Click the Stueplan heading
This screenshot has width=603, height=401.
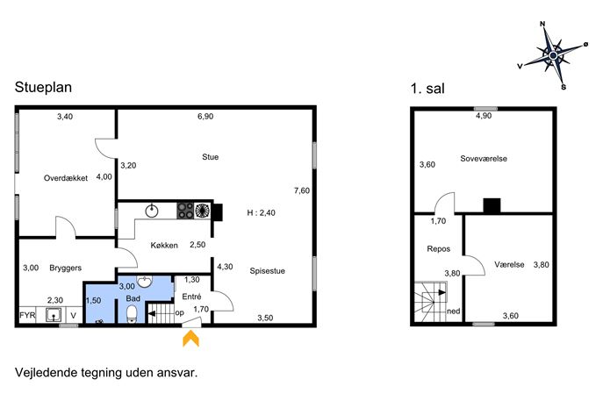tap(43, 87)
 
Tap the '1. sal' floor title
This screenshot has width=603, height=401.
tap(427, 89)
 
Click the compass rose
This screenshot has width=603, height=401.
tap(553, 56)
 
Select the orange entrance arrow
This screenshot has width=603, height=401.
tap(190, 339)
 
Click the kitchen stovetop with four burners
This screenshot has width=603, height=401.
tap(185, 211)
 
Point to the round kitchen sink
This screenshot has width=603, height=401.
tap(152, 211)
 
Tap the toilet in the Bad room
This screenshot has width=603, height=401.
tap(132, 314)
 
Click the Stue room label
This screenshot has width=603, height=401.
tap(211, 157)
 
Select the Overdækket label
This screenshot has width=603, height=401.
tap(66, 178)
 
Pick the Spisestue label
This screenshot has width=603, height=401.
tap(268, 270)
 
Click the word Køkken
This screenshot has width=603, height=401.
tap(164, 245)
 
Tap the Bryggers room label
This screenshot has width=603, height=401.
tap(65, 268)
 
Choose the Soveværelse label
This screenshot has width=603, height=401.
tap(484, 159)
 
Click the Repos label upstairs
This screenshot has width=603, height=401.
tap(438, 248)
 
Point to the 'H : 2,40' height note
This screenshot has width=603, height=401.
tap(261, 212)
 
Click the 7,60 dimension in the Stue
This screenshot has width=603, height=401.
tap(302, 190)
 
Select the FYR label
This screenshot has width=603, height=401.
tap(27, 315)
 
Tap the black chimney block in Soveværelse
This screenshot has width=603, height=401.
tap(492, 205)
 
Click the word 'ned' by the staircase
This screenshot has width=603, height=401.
tap(454, 311)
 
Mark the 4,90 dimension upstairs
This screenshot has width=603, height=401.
tap(484, 116)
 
